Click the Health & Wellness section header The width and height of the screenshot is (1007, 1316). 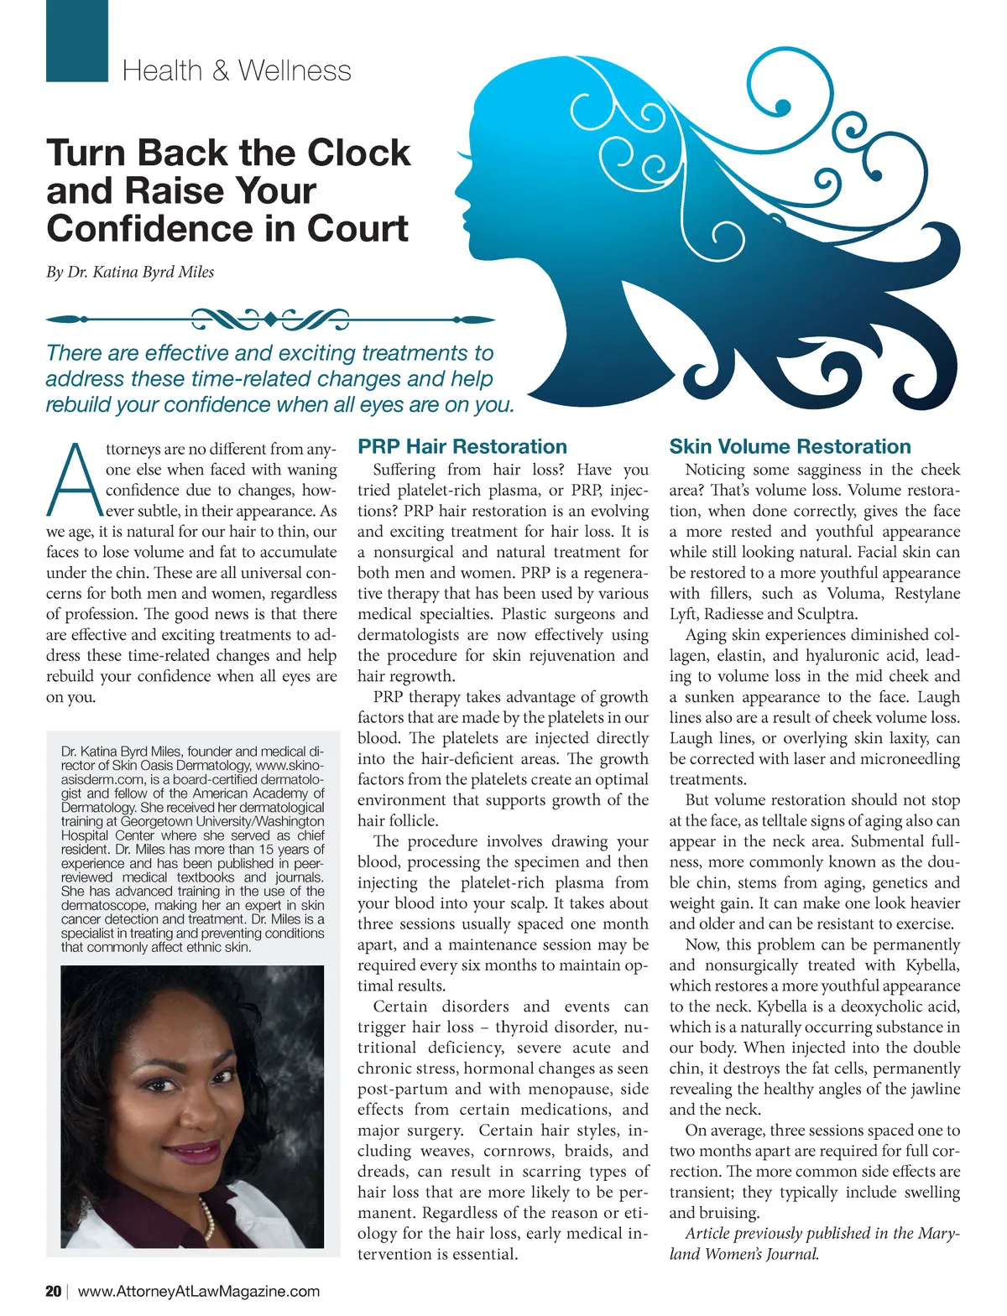(x=237, y=70)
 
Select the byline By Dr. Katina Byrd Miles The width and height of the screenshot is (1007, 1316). (x=130, y=272)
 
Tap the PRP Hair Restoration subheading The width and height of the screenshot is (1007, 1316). (x=462, y=446)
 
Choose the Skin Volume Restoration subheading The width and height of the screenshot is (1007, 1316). (x=790, y=446)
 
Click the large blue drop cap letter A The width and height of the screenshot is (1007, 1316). (x=74, y=481)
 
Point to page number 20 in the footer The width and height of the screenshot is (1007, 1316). (x=54, y=1291)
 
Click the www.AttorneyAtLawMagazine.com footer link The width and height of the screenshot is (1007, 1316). (x=199, y=1291)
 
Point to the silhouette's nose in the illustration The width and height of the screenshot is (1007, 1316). (x=458, y=183)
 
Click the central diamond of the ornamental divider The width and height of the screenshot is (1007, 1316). (x=270, y=320)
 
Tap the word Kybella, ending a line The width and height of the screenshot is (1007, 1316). (x=932, y=965)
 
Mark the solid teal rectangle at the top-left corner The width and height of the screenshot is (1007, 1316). (x=77, y=40)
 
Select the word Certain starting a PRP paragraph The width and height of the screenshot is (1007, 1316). (x=399, y=1007)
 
